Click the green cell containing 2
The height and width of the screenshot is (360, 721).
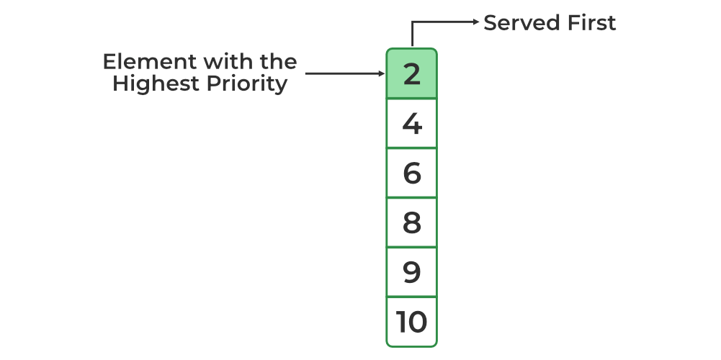click(x=411, y=73)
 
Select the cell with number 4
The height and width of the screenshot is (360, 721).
click(x=411, y=123)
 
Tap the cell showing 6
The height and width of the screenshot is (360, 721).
click(x=411, y=173)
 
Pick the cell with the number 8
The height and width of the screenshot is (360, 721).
click(x=411, y=222)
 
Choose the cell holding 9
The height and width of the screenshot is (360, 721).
click(x=411, y=272)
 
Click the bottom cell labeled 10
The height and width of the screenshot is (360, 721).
click(x=411, y=322)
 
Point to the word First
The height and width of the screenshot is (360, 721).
click(x=589, y=23)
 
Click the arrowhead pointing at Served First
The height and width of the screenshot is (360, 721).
click(x=475, y=22)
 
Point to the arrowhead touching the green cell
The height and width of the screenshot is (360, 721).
click(x=382, y=73)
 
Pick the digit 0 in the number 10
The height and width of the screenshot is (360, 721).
click(x=417, y=322)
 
